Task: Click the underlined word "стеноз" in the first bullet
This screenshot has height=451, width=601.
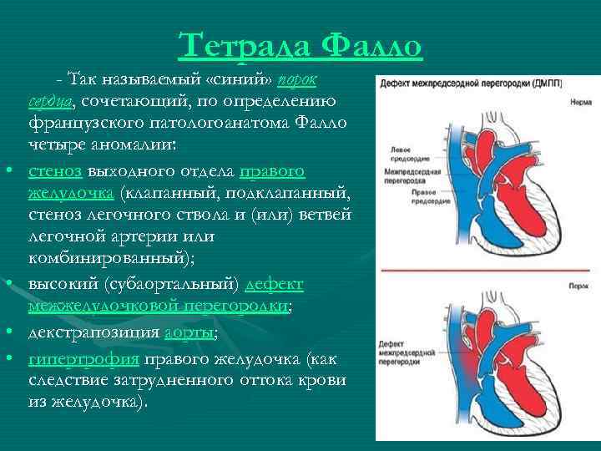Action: click(x=54, y=172)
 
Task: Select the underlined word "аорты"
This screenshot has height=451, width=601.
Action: click(x=191, y=332)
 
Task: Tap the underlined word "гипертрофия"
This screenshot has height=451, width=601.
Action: click(x=83, y=360)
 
